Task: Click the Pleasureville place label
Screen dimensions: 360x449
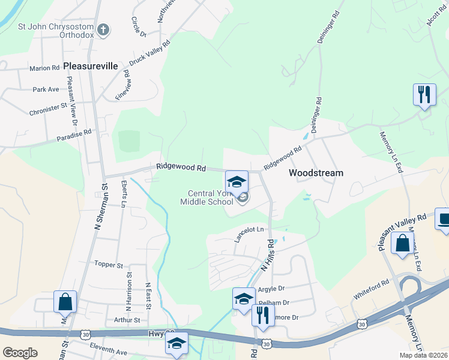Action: click(x=90, y=66)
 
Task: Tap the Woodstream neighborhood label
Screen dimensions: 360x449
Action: click(x=316, y=173)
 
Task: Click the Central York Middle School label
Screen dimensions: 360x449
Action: click(x=207, y=197)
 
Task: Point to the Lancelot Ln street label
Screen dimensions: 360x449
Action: click(x=249, y=230)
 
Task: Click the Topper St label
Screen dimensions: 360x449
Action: click(x=109, y=265)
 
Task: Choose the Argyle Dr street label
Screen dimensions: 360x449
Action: click(x=271, y=289)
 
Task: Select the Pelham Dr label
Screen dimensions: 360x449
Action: click(x=273, y=303)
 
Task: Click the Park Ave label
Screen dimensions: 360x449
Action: click(x=46, y=89)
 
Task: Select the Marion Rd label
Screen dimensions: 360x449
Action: click(x=44, y=68)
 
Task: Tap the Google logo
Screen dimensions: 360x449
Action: click(x=20, y=353)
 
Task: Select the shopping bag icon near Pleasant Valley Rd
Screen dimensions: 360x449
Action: click(x=402, y=243)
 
